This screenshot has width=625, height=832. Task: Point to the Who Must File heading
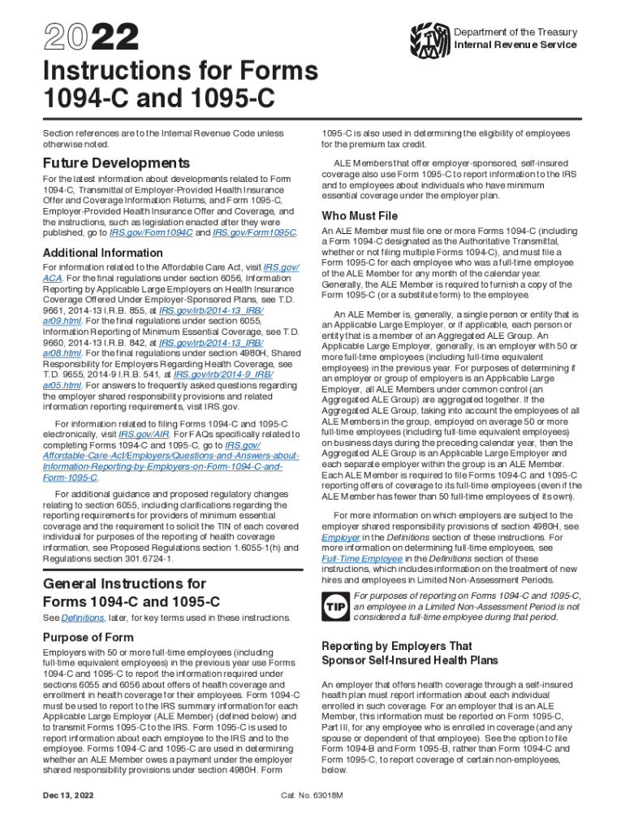point(360,215)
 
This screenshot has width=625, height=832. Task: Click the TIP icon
point(335,606)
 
